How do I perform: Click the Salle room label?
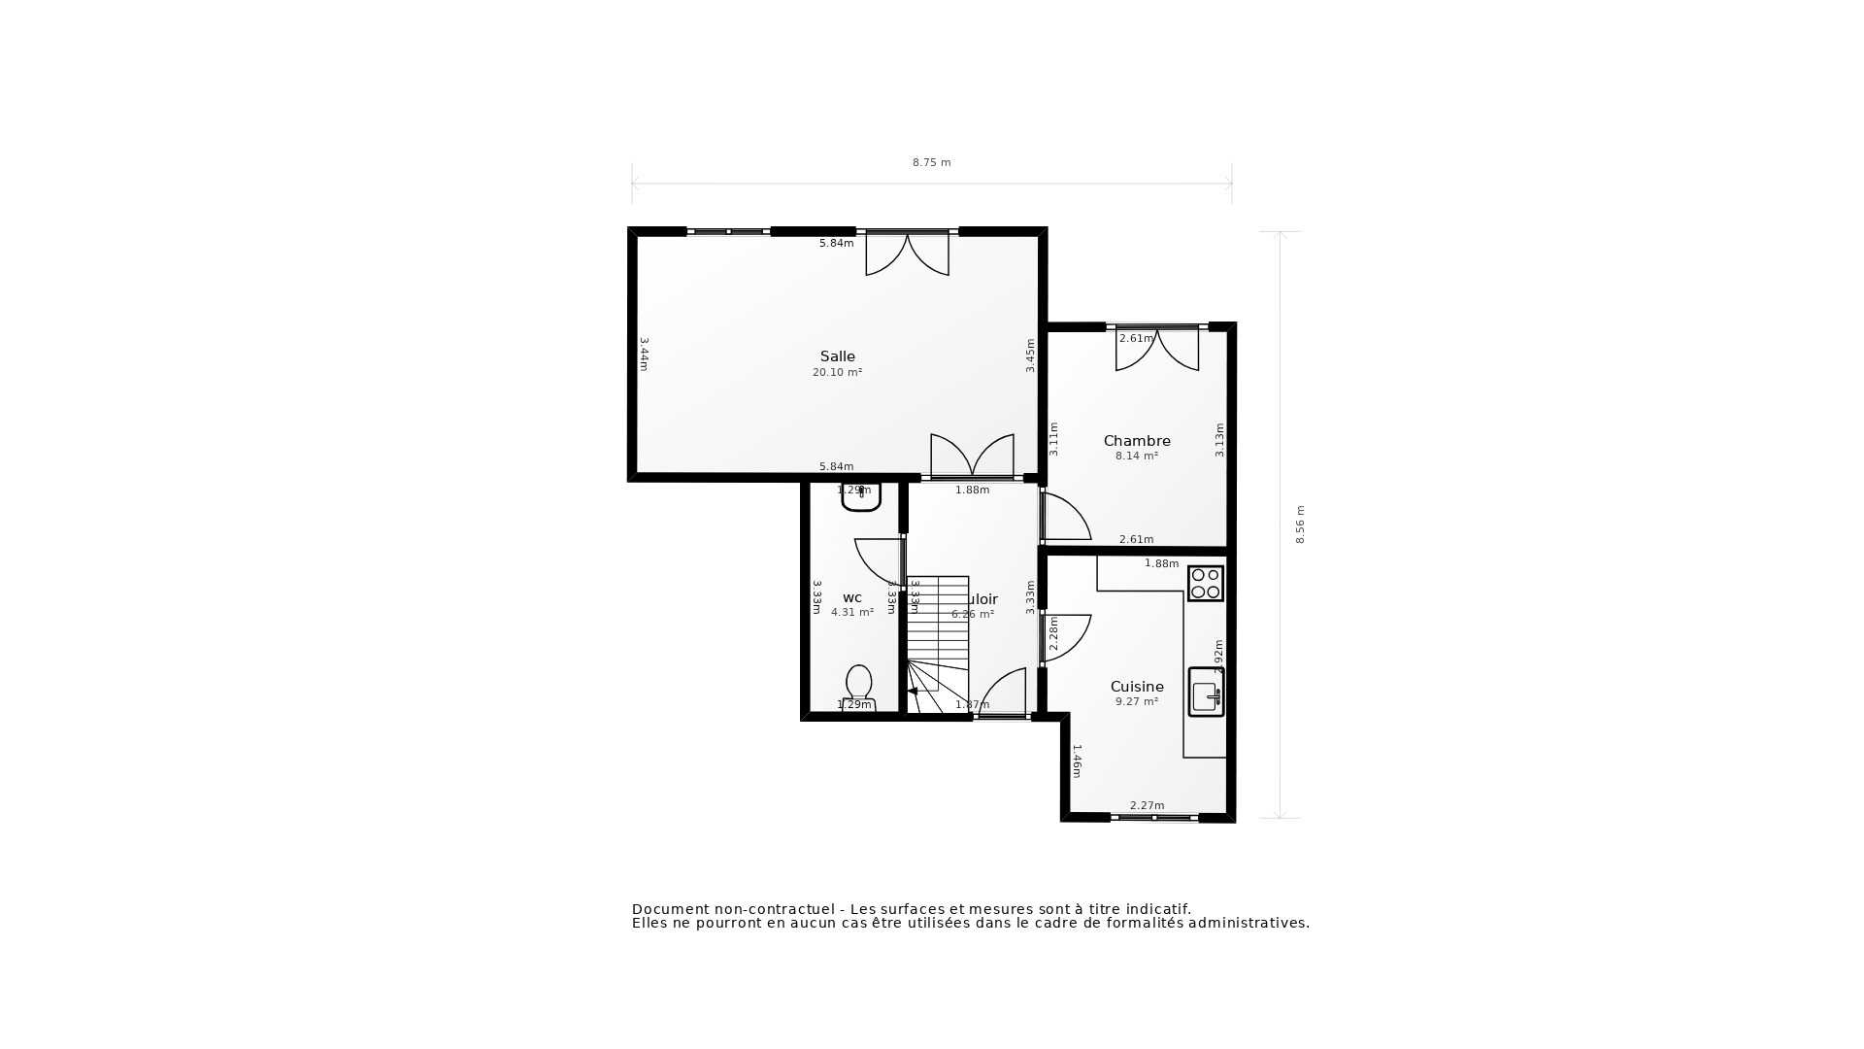pyautogui.click(x=837, y=356)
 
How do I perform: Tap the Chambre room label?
pyautogui.click(x=1137, y=441)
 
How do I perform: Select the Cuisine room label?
pyautogui.click(x=1137, y=687)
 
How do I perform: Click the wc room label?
pyautogui.click(x=852, y=598)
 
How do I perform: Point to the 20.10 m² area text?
pyautogui.click(x=837, y=373)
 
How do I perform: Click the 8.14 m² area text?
pyautogui.click(x=1137, y=457)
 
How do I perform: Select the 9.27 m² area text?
pyautogui.click(x=1137, y=702)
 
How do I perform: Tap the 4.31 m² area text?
pyautogui.click(x=852, y=613)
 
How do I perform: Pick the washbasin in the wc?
pyautogui.click(x=861, y=497)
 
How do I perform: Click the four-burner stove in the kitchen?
pyautogui.click(x=1206, y=584)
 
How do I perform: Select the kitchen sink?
pyautogui.click(x=1206, y=693)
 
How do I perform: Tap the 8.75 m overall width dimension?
pyautogui.click(x=931, y=163)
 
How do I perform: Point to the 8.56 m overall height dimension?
pyautogui.click(x=1301, y=524)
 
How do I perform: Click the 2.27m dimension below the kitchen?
pyautogui.click(x=1147, y=805)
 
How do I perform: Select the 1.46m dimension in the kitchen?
pyautogui.click(x=1076, y=761)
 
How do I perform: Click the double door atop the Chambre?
pyautogui.click(x=1156, y=350)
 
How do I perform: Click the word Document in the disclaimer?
pyautogui.click(x=670, y=909)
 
